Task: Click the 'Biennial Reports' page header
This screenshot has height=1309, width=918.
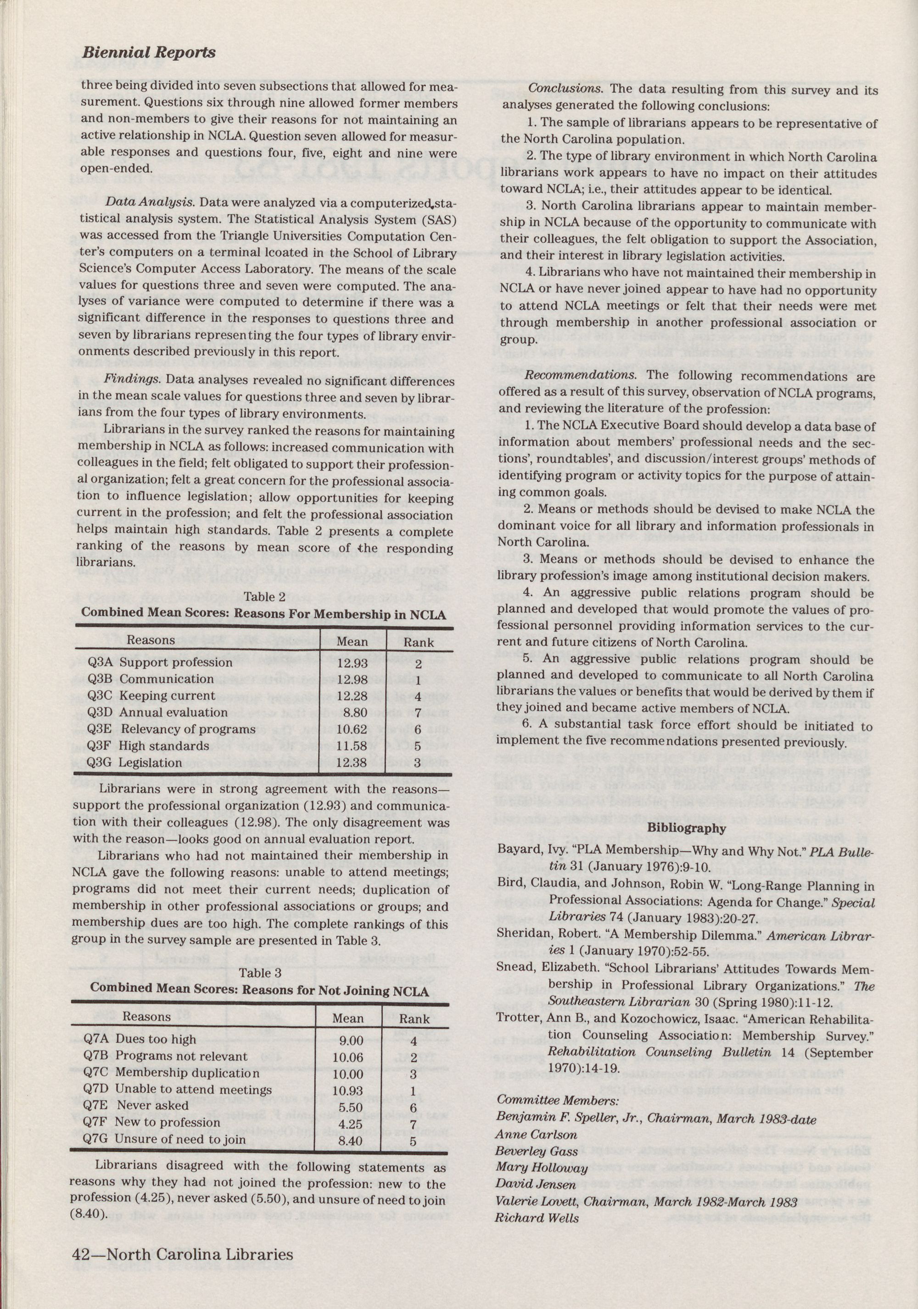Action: (x=148, y=52)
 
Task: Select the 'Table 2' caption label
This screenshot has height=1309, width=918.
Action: (x=264, y=597)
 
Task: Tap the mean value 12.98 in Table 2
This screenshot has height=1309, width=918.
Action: (x=352, y=679)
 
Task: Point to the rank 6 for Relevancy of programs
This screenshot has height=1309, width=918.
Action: (x=418, y=729)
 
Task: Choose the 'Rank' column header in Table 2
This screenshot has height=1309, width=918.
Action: (x=418, y=642)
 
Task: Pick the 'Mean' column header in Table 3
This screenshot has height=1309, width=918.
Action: (x=347, y=1018)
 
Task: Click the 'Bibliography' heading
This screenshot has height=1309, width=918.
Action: (x=687, y=828)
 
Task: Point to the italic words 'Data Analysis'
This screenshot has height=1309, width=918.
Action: (x=150, y=203)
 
